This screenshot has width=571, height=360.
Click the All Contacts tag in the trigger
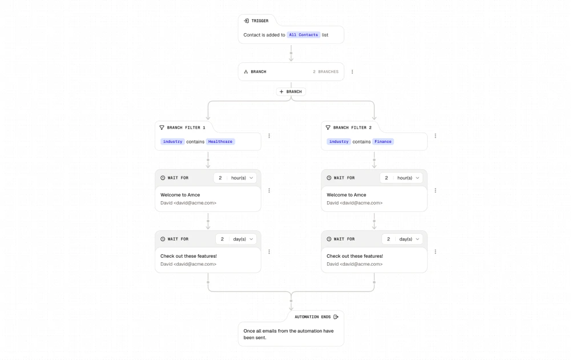(x=303, y=35)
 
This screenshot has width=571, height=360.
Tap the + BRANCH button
(x=291, y=92)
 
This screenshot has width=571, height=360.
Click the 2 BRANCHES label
(x=325, y=72)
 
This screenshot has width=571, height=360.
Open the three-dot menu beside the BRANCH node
(x=352, y=72)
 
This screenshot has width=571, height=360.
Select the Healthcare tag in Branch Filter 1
(x=220, y=142)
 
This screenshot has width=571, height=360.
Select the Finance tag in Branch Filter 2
(x=383, y=142)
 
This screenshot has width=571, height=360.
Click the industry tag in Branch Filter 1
(x=172, y=142)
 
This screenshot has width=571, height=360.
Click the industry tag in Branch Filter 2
(x=339, y=142)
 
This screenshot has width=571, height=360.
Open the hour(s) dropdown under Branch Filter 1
(x=242, y=178)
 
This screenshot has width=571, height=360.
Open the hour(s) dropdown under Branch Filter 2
(x=408, y=178)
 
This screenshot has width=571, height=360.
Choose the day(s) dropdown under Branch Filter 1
(x=243, y=239)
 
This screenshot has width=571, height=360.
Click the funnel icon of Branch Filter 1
(x=162, y=127)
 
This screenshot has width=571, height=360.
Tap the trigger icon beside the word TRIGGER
(x=247, y=21)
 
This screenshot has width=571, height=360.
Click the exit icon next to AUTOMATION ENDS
(x=336, y=317)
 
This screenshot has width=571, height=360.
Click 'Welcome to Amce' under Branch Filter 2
(x=347, y=195)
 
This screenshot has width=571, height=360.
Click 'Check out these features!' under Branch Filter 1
(x=188, y=256)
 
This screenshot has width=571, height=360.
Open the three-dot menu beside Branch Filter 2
(x=435, y=136)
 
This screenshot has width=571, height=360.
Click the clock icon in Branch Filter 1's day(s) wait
(x=163, y=239)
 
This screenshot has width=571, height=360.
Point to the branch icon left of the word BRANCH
(x=246, y=72)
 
